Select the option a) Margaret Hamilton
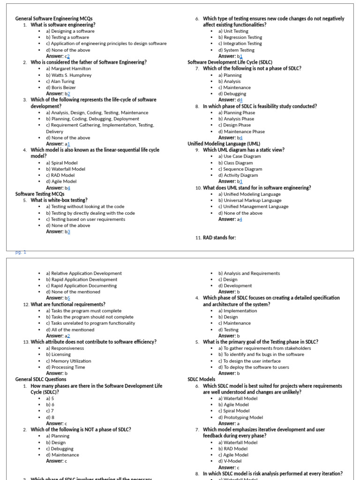point(68,68)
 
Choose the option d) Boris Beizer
point(60,87)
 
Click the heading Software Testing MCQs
point(40,194)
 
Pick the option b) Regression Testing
point(240,37)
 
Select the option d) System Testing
point(236,50)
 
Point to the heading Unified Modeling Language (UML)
point(224,144)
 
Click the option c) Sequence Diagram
point(240,169)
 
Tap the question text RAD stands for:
point(219,238)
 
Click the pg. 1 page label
point(21,252)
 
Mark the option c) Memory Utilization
point(68,361)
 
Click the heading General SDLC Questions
point(41,380)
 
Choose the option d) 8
point(50,417)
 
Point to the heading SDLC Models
point(202,379)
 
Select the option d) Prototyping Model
point(240,417)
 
